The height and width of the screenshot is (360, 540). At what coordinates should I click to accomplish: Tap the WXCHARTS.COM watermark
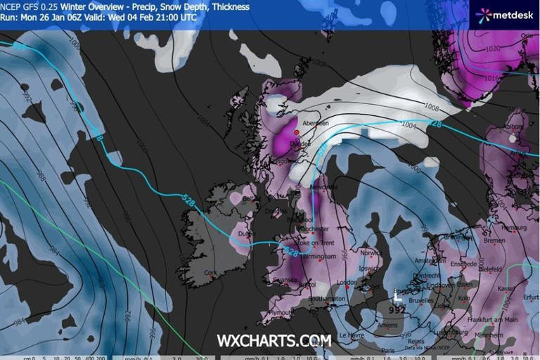(274, 340)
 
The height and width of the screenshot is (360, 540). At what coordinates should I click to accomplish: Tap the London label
(347, 282)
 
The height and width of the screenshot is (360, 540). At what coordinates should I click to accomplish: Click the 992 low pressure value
(398, 308)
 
